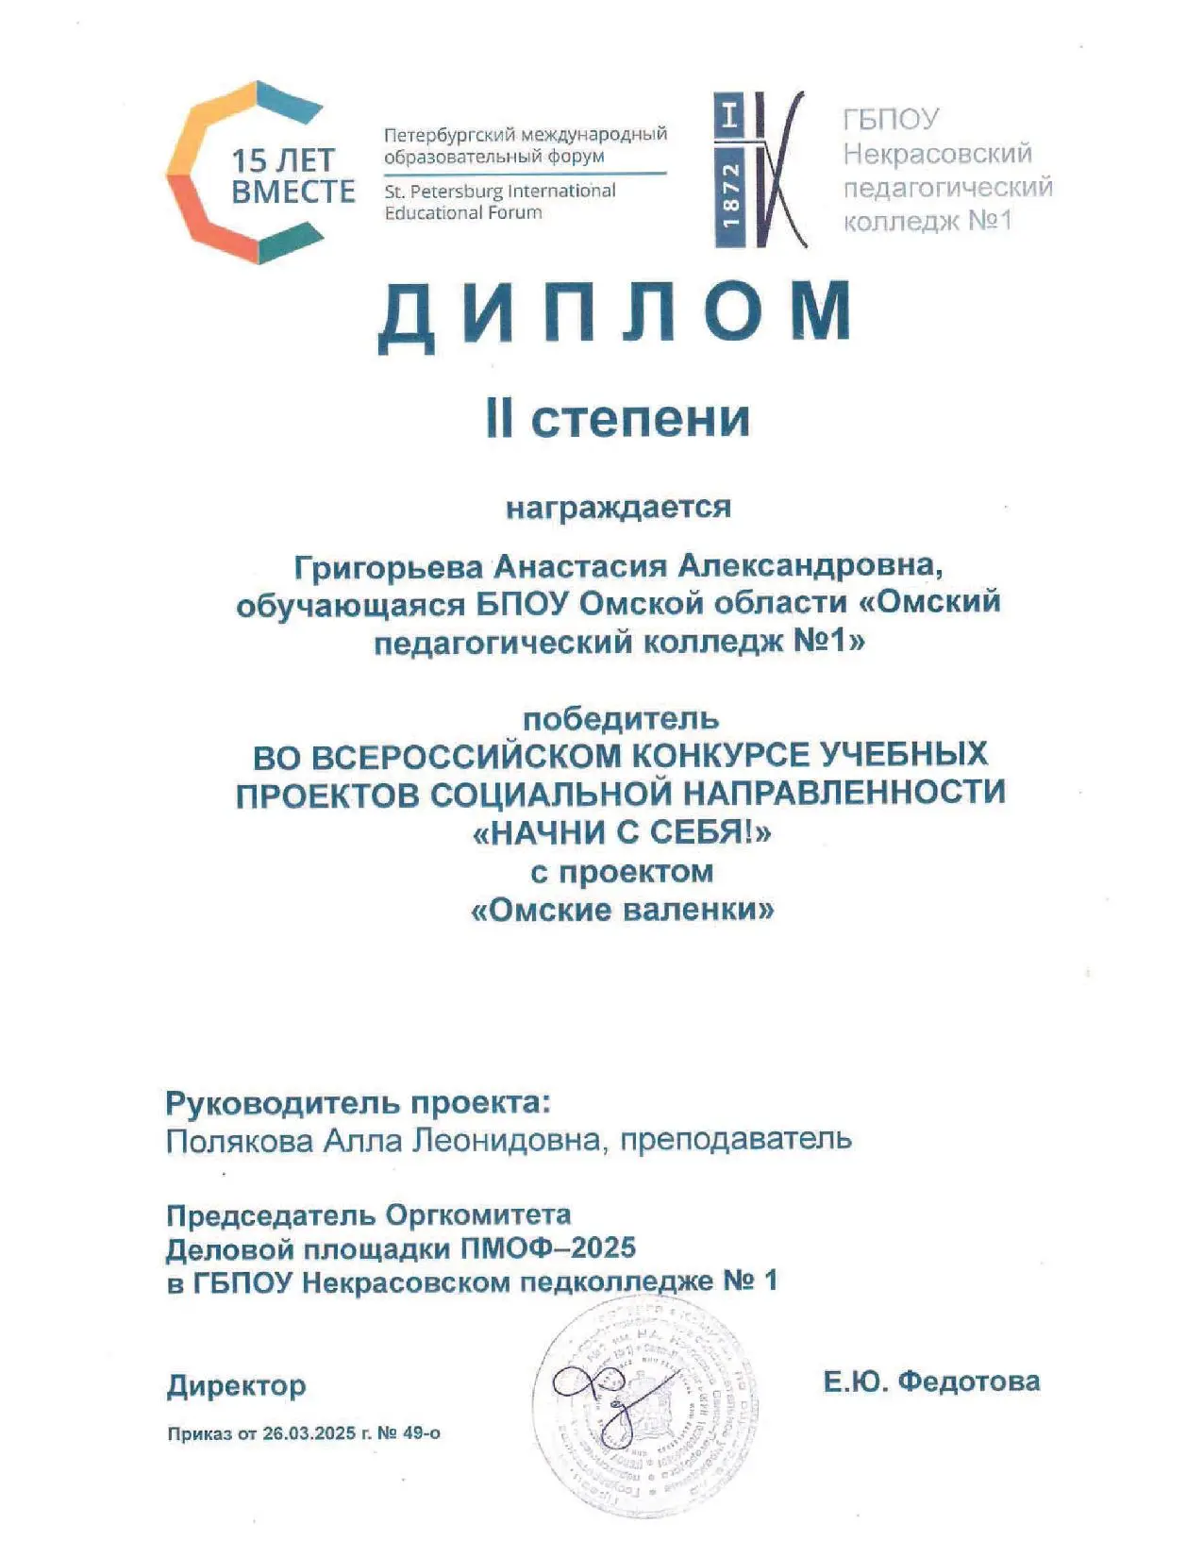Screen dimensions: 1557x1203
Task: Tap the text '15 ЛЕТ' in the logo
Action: click(284, 160)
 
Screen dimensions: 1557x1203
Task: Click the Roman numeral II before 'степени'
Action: click(499, 419)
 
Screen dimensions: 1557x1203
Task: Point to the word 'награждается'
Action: click(618, 507)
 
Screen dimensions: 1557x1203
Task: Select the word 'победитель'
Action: click(620, 719)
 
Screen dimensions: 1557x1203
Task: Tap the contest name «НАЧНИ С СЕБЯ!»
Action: click(621, 832)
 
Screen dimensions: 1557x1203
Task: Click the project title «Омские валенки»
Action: click(622, 910)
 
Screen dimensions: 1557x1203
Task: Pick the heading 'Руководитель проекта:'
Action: click(358, 1102)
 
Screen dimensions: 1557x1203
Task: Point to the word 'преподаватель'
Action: click(736, 1139)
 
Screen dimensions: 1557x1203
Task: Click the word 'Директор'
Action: click(236, 1385)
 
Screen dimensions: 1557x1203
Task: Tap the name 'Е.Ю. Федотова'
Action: click(931, 1381)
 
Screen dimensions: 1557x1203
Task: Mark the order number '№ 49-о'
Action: click(409, 1433)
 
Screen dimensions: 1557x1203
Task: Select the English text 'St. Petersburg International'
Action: click(499, 191)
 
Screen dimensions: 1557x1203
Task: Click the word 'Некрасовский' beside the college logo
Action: click(937, 153)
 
